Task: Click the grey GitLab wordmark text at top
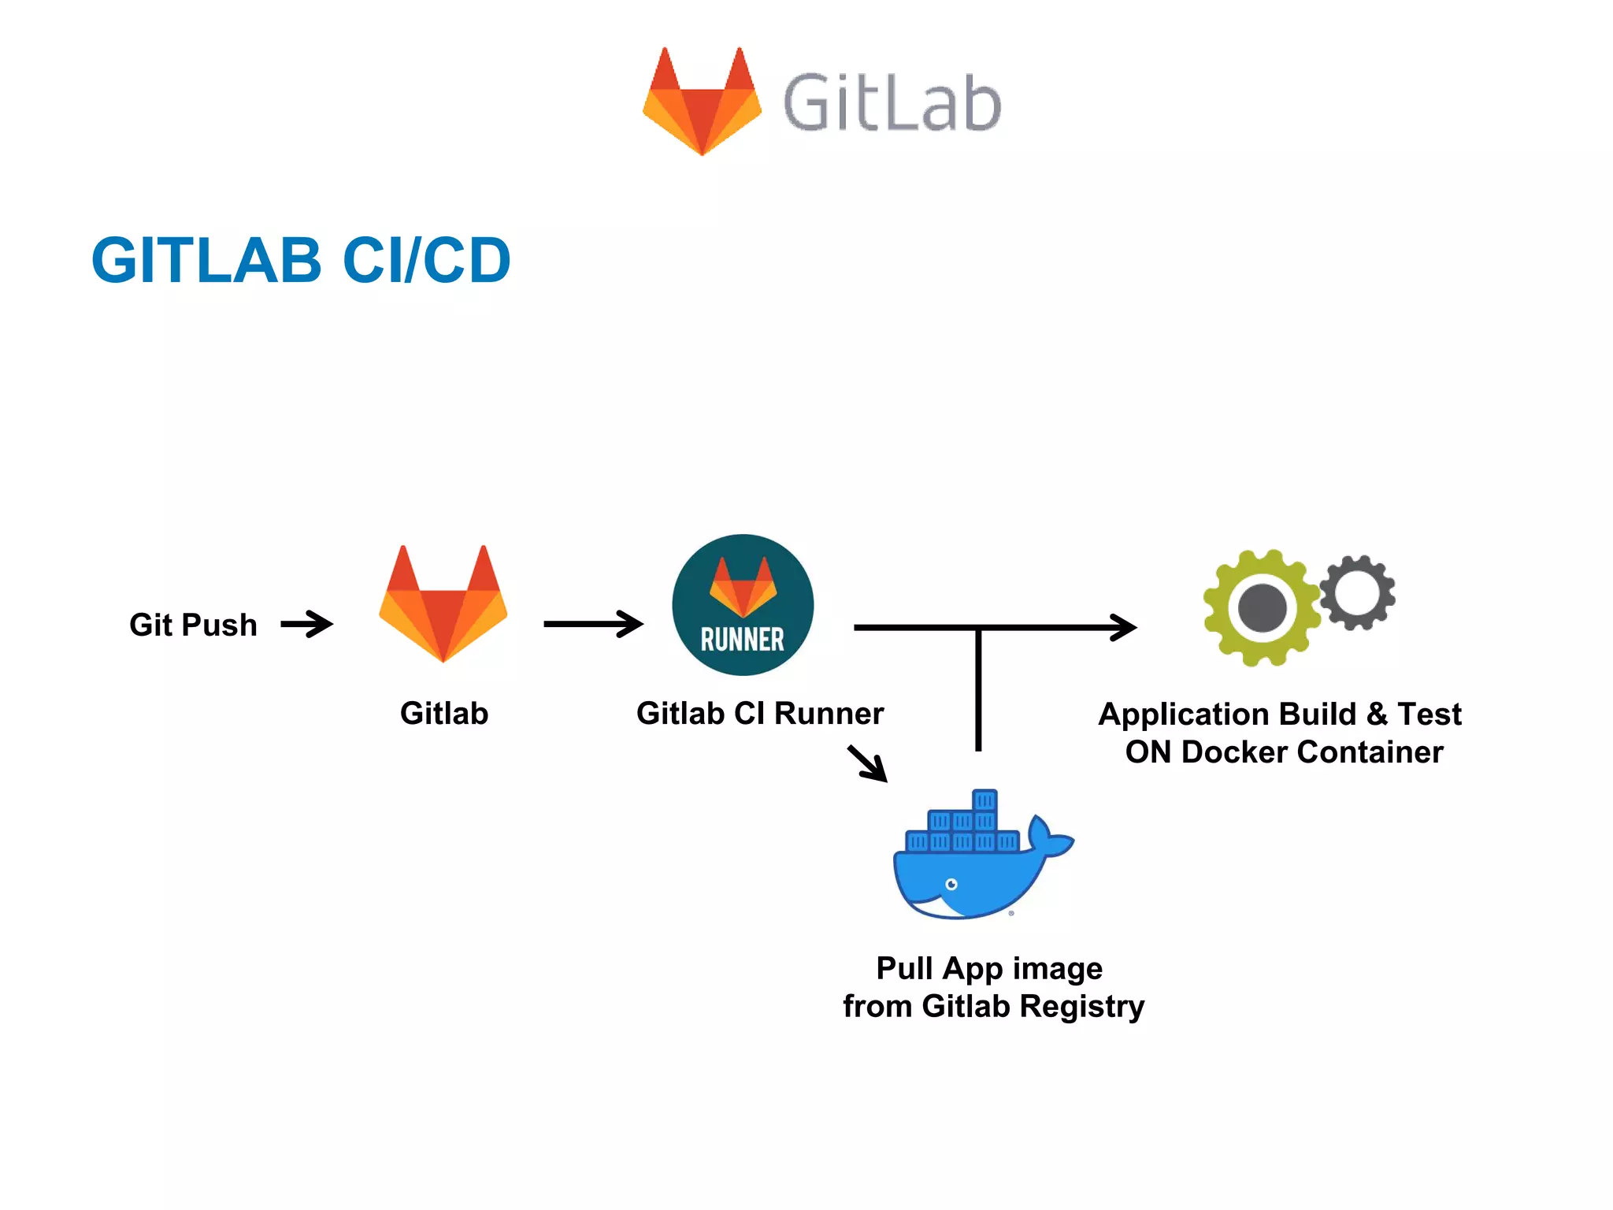tap(892, 102)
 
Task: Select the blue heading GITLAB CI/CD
tap(301, 260)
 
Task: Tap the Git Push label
tap(193, 625)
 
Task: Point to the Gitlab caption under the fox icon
tap(444, 713)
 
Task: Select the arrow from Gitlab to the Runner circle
tap(593, 624)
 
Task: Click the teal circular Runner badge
tap(743, 604)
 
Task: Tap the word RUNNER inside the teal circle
tap(743, 640)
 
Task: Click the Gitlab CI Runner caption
tap(760, 713)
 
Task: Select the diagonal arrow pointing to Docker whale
tap(868, 763)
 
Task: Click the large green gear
tap(1261, 608)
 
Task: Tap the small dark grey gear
tap(1357, 592)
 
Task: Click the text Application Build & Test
tap(1280, 714)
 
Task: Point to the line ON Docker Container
tap(1284, 752)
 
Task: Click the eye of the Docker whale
tap(951, 884)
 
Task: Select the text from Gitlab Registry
tap(993, 1006)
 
